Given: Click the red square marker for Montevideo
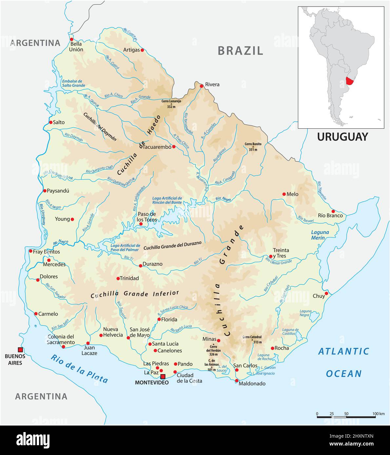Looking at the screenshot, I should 163,376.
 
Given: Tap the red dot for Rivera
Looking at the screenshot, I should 202,86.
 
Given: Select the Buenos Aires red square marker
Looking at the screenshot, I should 20,350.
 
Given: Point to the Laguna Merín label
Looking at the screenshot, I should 320,235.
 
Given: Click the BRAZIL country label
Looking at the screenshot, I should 240,51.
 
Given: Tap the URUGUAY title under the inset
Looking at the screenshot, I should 342,137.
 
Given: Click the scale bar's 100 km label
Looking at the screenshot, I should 378,414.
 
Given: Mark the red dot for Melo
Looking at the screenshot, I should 284,194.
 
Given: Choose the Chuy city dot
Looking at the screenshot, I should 326,293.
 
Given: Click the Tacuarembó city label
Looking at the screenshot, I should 157,147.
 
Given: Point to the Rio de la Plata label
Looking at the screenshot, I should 79,369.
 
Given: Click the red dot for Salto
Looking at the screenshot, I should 51,122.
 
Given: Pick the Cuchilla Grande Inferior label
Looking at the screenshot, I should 135,294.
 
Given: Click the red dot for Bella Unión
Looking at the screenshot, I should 71,39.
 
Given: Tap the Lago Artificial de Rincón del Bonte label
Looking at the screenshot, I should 167,200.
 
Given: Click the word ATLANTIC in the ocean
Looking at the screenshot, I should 344,352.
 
